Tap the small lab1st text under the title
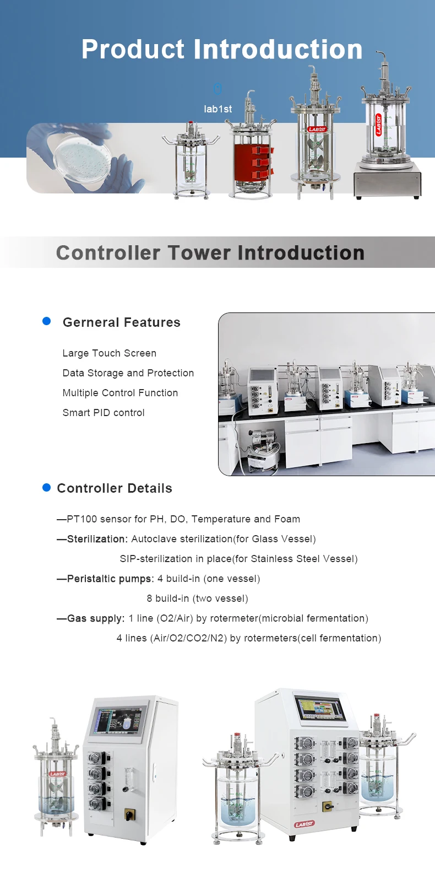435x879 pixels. click(x=218, y=109)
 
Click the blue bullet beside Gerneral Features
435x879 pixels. click(x=46, y=321)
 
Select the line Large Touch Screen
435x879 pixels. click(x=110, y=353)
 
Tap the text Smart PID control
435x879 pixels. click(x=104, y=413)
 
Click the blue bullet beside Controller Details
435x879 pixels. click(x=46, y=487)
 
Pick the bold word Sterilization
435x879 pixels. click(x=97, y=539)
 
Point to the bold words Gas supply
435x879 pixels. click(x=96, y=618)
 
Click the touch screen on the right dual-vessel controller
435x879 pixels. click(x=320, y=708)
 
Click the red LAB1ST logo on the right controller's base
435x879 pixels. click(x=304, y=824)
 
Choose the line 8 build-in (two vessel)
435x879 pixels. click(x=197, y=598)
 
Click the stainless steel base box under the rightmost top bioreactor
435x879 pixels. click(x=388, y=179)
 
